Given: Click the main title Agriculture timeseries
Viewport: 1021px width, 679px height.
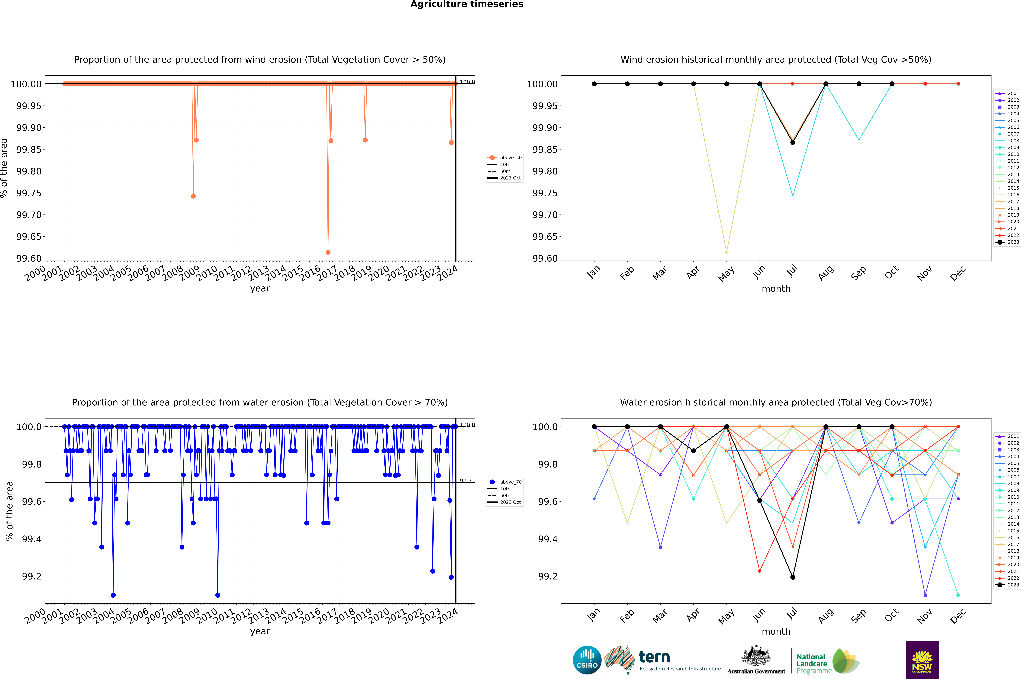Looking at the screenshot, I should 467,4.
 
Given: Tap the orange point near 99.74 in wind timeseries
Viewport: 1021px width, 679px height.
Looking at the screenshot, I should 193,196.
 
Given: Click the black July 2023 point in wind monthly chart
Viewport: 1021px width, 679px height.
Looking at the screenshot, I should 792,143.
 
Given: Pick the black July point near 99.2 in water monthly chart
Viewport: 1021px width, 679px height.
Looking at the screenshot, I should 792,577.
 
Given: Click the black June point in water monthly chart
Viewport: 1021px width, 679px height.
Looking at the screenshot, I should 760,501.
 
